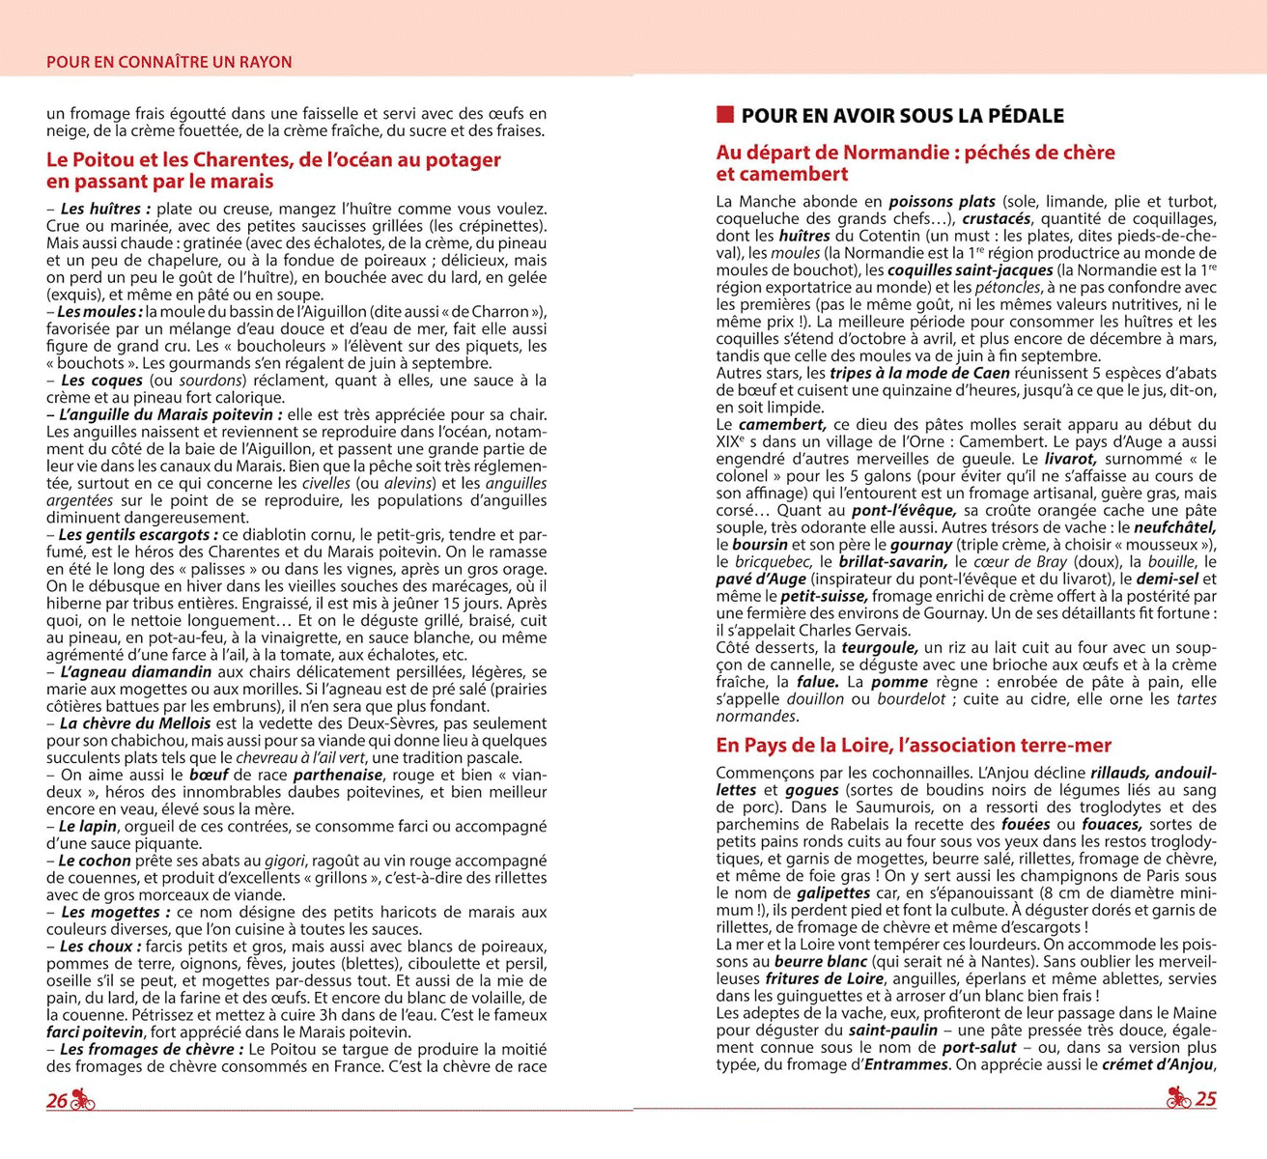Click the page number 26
(x=57, y=1101)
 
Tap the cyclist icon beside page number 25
(x=1178, y=1098)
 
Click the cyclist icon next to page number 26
(x=83, y=1100)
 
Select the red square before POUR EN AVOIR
(x=725, y=116)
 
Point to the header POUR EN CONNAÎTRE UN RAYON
(x=169, y=62)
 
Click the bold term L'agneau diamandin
(x=135, y=671)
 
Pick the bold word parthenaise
(x=338, y=775)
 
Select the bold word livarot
(x=1069, y=459)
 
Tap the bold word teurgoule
(x=879, y=647)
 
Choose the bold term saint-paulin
(x=893, y=1030)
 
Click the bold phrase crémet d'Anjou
(x=1159, y=1064)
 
